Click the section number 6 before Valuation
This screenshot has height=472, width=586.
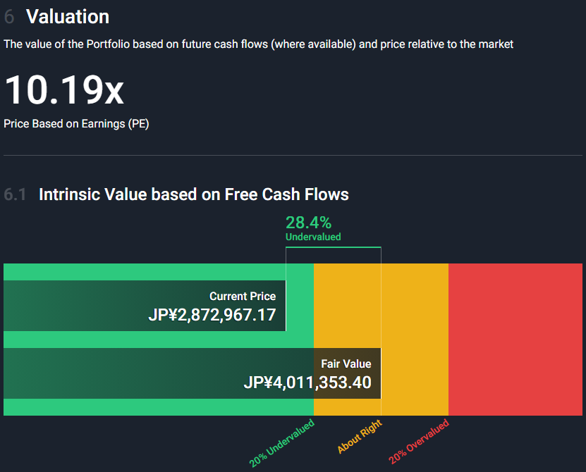pos(9,17)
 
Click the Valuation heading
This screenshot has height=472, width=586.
pos(68,17)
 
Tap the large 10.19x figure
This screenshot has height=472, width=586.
pos(63,90)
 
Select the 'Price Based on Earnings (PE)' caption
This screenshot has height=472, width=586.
pos(76,123)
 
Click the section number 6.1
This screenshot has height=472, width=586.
pos(15,194)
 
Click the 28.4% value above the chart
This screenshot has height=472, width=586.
pos(308,223)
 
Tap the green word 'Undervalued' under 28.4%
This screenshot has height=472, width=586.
pos(313,237)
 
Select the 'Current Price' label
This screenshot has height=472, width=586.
pos(243,297)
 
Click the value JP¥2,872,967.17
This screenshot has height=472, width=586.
pos(212,315)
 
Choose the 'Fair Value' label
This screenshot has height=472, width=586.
pos(346,364)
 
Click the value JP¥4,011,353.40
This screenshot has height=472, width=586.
pos(307,383)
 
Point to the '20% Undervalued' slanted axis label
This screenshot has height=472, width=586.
pos(281,443)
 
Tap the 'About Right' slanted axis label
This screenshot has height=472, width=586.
pos(359,437)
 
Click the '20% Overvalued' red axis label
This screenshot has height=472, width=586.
pos(418,442)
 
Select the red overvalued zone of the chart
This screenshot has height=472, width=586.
pos(515,339)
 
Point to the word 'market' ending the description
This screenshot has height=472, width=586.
pos(496,44)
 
